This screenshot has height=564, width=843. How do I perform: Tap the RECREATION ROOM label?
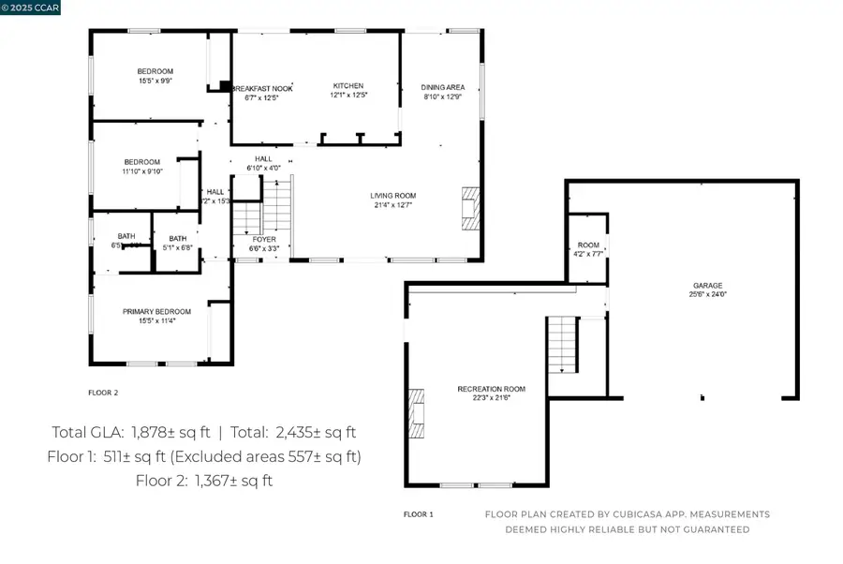coord(491,388)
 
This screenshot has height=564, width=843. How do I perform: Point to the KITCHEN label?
coord(348,86)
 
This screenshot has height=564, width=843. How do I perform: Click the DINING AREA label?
coord(443,87)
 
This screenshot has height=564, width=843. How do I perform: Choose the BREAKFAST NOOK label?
coord(263,87)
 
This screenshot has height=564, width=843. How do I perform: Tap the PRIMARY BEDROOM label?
coord(156,311)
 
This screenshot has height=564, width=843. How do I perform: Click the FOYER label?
coord(264,240)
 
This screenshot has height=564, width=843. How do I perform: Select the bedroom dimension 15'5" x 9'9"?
coord(155,81)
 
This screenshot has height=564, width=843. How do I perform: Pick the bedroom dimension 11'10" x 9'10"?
coord(142,171)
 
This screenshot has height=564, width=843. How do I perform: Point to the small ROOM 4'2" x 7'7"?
coord(587,248)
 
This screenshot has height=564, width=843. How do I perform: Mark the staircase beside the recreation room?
coord(562,344)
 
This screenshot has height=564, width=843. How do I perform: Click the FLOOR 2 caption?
coord(103,393)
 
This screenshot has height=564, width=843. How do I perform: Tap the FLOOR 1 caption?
coord(418,514)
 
